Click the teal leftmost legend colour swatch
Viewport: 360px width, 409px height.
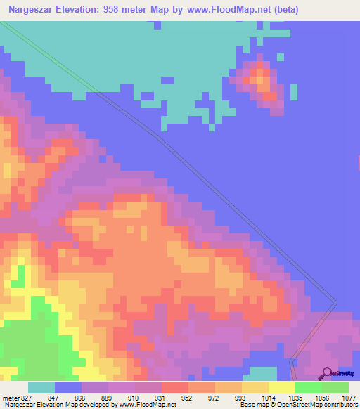(x=41, y=387)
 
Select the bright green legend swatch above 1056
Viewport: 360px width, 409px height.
(x=308, y=387)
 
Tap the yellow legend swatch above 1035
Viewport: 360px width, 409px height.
(x=281, y=387)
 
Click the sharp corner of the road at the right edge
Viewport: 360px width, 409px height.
(x=337, y=303)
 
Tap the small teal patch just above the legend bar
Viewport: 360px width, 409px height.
(x=263, y=373)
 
